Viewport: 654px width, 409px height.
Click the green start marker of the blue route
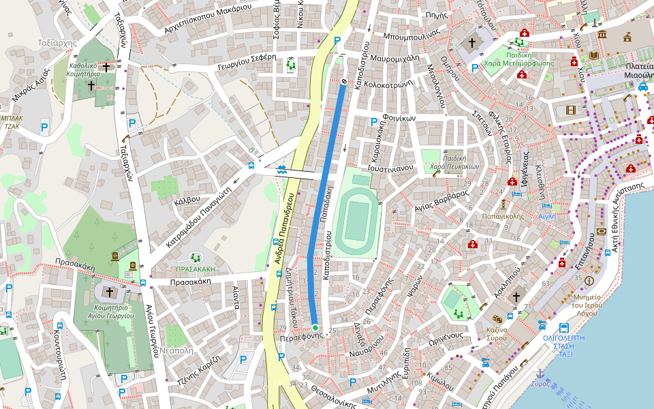(x=315, y=328)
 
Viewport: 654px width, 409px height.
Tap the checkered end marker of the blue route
(x=343, y=82)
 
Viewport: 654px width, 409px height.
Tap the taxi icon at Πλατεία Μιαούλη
(x=643, y=87)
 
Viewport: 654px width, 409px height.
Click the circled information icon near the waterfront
(x=589, y=280)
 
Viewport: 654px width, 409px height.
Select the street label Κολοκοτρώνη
(x=390, y=86)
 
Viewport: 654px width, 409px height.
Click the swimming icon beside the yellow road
(x=282, y=170)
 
